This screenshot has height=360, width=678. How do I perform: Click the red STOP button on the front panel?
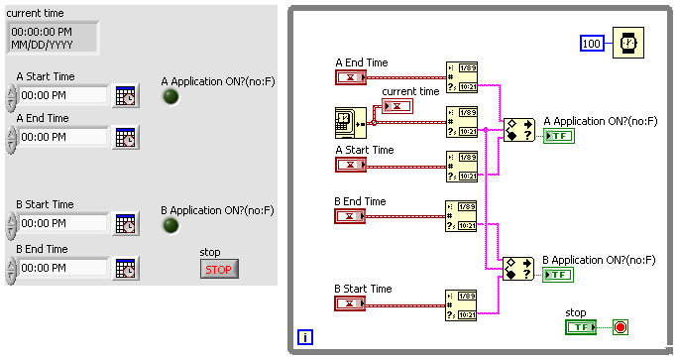coord(219,269)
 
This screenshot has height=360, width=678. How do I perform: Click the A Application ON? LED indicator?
coord(170,97)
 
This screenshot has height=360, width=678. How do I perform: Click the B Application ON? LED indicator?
coord(170,226)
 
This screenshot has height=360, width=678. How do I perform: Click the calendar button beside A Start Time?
coord(125,96)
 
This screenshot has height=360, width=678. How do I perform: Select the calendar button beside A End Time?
coord(125,137)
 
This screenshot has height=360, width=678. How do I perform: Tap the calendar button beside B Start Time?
coord(125,224)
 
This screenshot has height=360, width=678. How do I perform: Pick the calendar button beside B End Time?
coord(125,268)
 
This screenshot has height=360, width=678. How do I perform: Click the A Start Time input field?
coord(62,96)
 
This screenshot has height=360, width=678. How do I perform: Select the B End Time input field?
coord(62,268)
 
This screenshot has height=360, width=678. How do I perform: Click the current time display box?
coord(53,38)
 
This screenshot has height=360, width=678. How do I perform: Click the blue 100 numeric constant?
coord(592,44)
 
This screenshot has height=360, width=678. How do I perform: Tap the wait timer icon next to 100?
coord(627,44)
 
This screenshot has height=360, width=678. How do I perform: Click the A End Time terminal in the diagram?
coord(351,77)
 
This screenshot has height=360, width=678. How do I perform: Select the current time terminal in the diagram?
coord(397,106)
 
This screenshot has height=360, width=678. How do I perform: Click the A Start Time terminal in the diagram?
coord(351,165)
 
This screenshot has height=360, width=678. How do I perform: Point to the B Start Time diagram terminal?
coord(351,303)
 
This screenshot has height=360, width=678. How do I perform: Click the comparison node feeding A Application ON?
coord(517,130)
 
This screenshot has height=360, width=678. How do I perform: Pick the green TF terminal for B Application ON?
coord(558,275)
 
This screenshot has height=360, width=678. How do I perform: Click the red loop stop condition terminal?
coord(621,327)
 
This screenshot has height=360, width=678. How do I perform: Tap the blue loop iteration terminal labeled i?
coord(305,337)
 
